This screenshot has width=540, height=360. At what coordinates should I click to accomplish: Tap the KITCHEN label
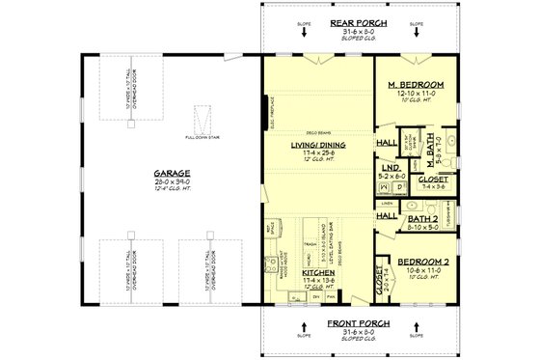318,274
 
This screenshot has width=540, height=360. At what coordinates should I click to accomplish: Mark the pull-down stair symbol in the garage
201,121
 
